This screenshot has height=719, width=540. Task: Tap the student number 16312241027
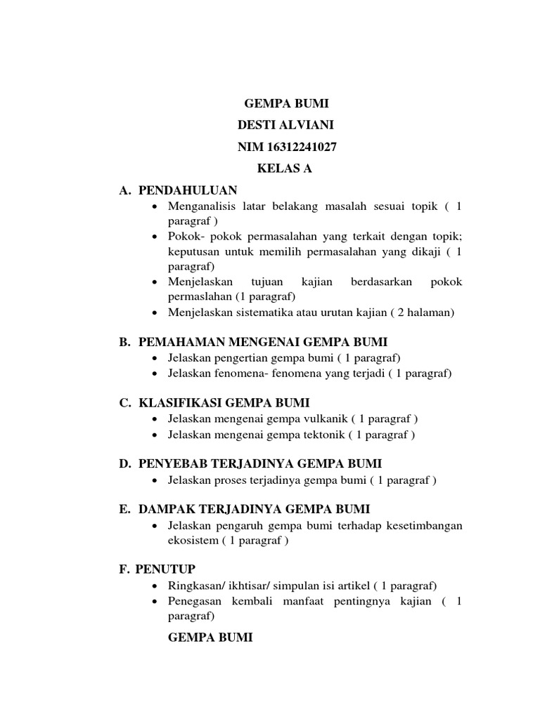pos(299,147)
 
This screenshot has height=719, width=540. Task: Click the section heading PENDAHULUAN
pos(188,190)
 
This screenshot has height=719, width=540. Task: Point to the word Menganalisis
pos(200,206)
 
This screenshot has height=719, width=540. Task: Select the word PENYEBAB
pos(172,464)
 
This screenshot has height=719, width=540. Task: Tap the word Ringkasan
pos(195,586)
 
